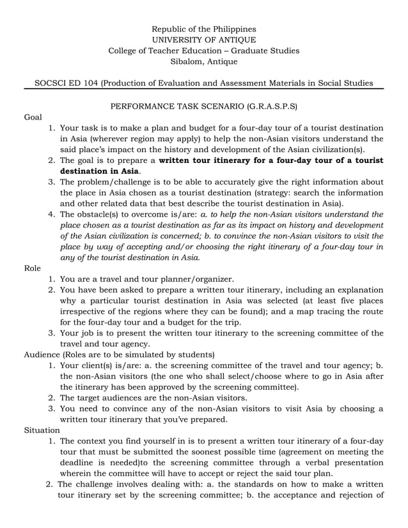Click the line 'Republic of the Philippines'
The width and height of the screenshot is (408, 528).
(203, 29)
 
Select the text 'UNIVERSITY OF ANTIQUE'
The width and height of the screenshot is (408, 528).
(203, 40)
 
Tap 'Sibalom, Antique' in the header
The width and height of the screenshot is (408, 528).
(203, 62)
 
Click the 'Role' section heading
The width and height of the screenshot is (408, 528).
(33, 268)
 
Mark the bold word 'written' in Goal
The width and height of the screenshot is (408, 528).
(175, 160)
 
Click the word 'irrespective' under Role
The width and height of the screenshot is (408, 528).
(86, 311)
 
